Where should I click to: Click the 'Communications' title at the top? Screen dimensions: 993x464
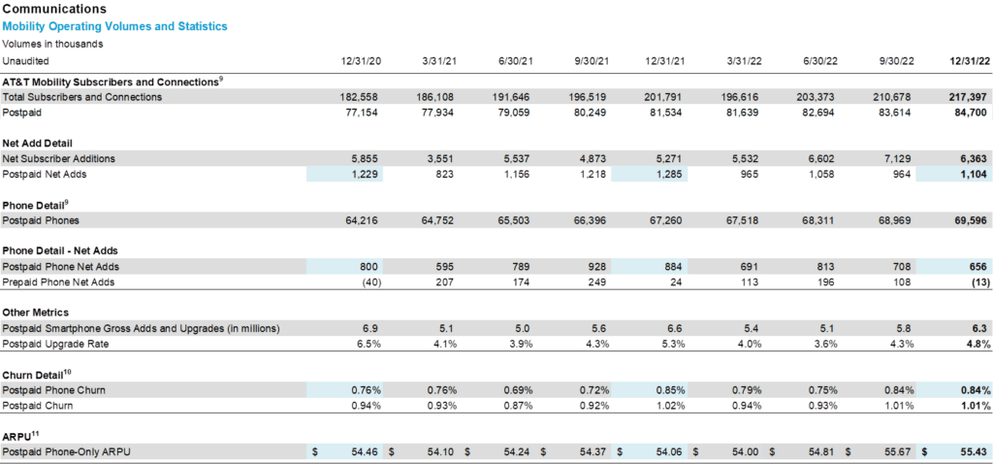pos(54,10)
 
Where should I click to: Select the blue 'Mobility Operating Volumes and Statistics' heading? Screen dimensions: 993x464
pos(114,26)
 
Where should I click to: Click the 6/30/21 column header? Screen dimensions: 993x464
pos(512,61)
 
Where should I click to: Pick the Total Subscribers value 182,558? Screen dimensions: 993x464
pos(362,97)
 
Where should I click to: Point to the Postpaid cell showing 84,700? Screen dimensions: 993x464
pos(972,113)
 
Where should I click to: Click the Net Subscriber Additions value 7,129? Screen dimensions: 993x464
pos(900,158)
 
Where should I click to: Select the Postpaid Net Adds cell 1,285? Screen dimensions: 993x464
pos(672,174)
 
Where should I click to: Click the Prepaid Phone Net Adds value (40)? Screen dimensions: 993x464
pos(370,282)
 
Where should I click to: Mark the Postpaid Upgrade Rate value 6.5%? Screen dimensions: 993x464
pos(369,345)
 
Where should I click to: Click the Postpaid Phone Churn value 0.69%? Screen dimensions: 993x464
pos(518,390)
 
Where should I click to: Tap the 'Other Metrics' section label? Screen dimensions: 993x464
pos(36,314)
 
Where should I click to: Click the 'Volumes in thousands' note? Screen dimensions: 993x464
pos(52,45)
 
